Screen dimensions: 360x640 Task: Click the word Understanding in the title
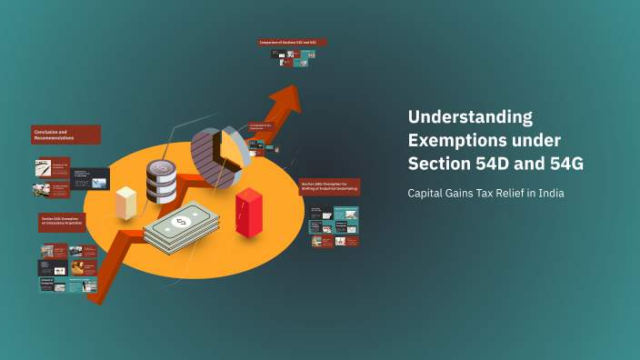coord(469,116)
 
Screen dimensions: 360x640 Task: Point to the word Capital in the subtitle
coord(425,193)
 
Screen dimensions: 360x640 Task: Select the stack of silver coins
coord(161,181)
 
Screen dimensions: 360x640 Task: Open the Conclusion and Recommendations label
coord(65,135)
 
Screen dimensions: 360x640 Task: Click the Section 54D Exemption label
coord(62,221)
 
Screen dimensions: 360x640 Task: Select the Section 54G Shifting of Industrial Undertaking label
coord(329,186)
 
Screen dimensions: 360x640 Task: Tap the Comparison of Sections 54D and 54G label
coord(292,42)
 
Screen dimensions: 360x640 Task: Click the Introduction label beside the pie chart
coord(263,125)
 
